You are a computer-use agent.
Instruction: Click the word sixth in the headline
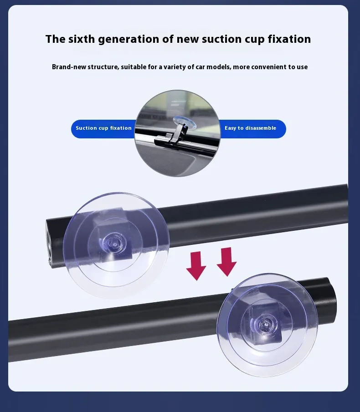pyautogui.click(x=81, y=39)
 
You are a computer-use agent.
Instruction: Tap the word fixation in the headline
pyautogui.click(x=289, y=39)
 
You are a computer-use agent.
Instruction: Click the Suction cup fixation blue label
pyautogui.click(x=103, y=129)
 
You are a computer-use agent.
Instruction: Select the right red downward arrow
pyautogui.click(x=226, y=262)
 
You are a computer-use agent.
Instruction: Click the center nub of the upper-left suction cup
pyautogui.click(x=115, y=244)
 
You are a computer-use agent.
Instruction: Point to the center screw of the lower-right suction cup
pyautogui.click(x=266, y=326)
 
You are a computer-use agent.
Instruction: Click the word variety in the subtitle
pyautogui.click(x=175, y=67)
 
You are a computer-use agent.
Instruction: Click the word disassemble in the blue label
pyautogui.click(x=261, y=128)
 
